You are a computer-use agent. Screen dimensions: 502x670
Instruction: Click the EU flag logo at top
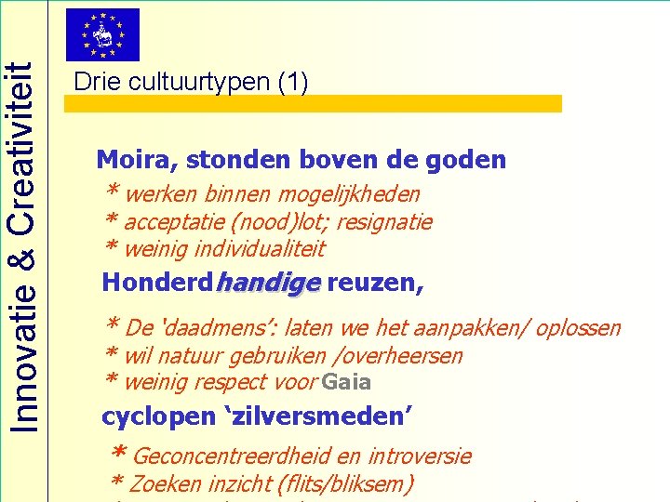tap(102, 34)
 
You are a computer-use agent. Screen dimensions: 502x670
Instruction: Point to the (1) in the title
tap(293, 82)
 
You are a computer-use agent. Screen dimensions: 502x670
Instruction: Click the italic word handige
tap(268, 283)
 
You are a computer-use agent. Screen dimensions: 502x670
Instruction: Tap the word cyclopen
tap(144, 416)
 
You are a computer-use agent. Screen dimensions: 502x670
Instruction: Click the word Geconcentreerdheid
tap(234, 456)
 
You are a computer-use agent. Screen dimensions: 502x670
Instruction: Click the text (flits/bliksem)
tap(344, 483)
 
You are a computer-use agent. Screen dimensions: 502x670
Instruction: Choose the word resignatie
tap(388, 222)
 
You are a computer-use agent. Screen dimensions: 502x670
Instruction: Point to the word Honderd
tap(155, 283)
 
